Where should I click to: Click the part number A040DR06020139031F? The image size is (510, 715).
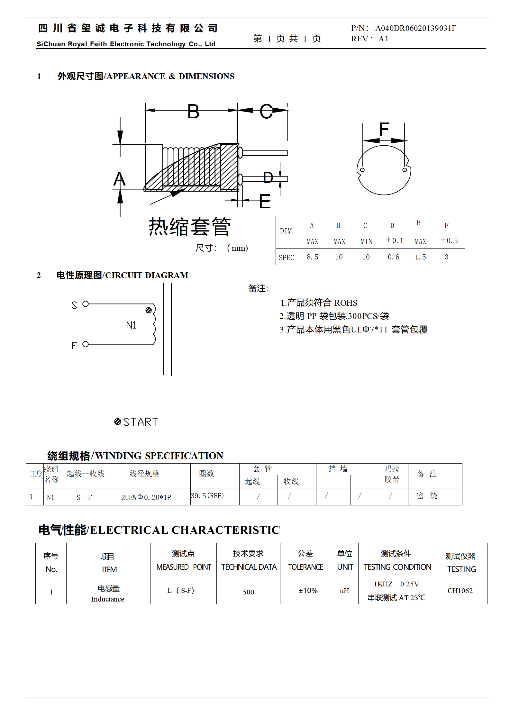pos(415,28)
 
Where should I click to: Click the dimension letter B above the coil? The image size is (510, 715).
pos(193,112)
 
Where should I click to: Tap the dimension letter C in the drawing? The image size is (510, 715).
pos(266,112)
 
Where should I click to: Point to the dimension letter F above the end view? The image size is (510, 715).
pos(384,129)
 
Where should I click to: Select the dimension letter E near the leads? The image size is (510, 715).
pos(265,202)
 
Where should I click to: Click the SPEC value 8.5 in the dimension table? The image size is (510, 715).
pos(312,257)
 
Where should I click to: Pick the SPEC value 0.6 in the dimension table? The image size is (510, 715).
pos(393,257)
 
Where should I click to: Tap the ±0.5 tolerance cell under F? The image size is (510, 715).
pos(449,240)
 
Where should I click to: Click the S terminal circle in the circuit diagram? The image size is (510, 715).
pos(85,304)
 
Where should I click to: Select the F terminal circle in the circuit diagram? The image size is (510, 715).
pos(85,344)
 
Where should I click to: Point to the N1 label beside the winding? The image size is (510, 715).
pos(131,325)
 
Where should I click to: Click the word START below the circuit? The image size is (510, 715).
pos(141,422)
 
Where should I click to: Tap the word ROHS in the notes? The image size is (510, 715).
pos(346,303)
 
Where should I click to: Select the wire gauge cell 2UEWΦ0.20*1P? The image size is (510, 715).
pos(146,497)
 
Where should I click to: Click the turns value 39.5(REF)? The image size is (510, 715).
pos(207,496)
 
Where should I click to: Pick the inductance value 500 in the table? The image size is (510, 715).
pos(248,592)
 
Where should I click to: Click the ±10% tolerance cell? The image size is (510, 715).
pos(308,591)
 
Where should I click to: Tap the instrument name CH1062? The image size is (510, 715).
pos(460,591)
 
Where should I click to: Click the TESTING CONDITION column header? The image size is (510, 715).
pos(397,567)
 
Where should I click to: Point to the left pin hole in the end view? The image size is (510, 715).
pos(362,170)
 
